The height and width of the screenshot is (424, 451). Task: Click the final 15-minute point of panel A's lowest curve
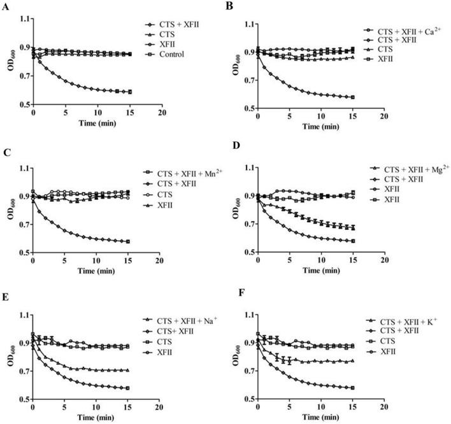129,92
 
